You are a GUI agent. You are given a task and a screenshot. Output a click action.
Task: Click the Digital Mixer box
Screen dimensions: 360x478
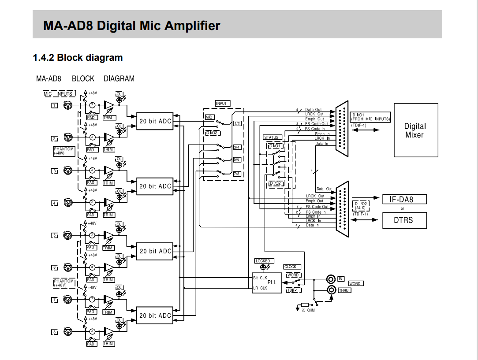click(x=415, y=130)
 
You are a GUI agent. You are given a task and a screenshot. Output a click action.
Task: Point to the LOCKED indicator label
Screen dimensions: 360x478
click(x=263, y=261)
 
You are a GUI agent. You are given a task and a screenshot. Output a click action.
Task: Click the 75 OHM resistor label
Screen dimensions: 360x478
click(x=308, y=311)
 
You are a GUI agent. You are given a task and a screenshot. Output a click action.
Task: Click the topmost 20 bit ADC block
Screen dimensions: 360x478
click(x=155, y=122)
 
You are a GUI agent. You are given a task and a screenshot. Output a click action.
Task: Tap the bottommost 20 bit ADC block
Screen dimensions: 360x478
click(x=155, y=315)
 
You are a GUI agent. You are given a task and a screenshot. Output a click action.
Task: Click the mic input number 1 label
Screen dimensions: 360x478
click(x=55, y=105)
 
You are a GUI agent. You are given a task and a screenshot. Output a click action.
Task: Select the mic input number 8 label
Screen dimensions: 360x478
click(x=55, y=332)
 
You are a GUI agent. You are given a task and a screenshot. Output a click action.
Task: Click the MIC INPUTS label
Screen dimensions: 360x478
click(x=59, y=93)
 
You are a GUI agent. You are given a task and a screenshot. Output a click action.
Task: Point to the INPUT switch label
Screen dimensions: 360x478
click(x=221, y=104)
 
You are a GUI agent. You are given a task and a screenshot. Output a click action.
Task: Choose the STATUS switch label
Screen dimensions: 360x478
click(x=271, y=137)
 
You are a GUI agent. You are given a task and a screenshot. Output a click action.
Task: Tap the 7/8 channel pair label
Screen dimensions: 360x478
click(x=237, y=174)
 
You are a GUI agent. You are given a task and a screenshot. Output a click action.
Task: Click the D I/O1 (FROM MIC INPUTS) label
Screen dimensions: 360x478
click(x=370, y=117)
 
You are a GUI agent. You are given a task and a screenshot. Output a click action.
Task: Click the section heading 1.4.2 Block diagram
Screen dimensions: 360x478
click(x=78, y=58)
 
